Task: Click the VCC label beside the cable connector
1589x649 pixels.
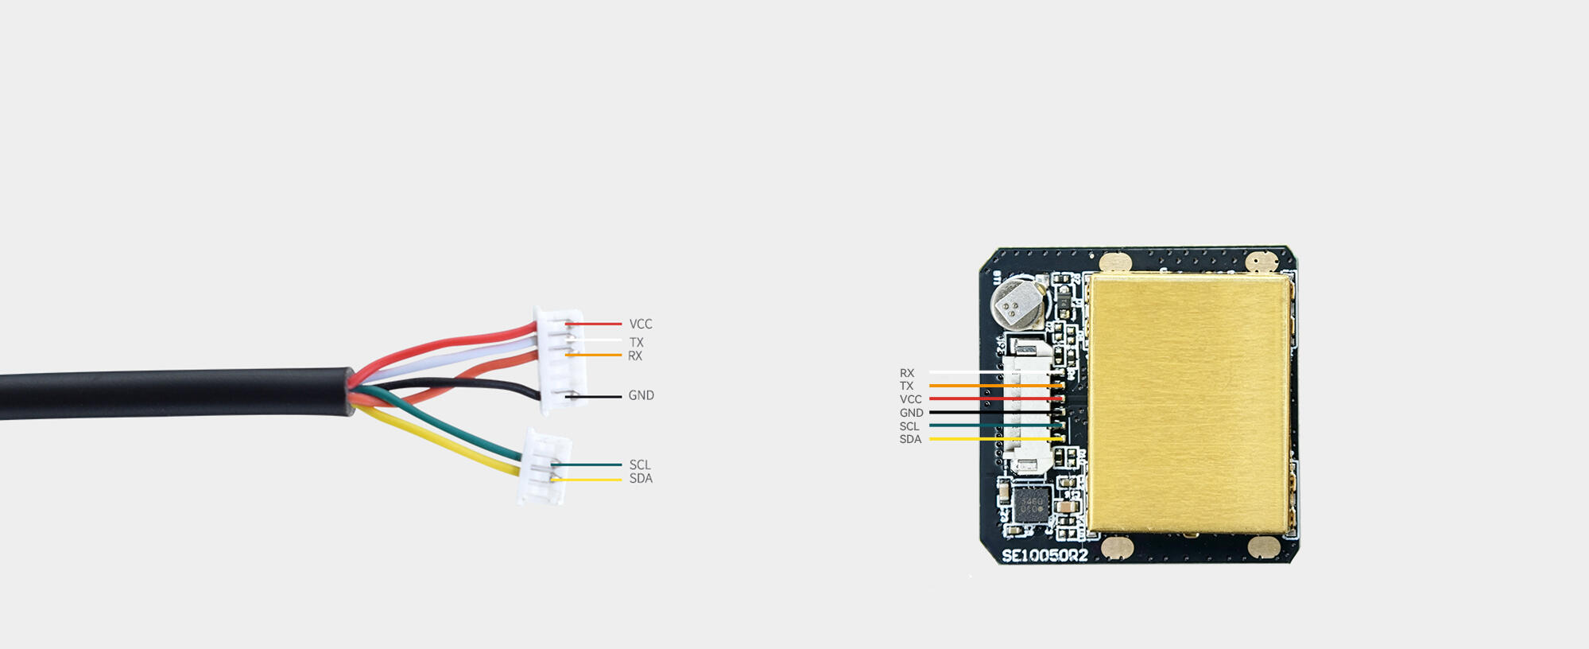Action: coord(641,324)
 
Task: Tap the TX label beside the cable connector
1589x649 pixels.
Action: coord(636,343)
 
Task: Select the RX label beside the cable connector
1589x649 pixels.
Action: coord(635,356)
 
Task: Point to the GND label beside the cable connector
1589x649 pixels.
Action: coord(641,395)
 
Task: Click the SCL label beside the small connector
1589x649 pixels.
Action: coord(640,465)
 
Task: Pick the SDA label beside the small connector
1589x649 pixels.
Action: coord(641,479)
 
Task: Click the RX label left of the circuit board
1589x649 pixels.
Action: coord(907,373)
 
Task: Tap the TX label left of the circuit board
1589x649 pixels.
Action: coord(906,386)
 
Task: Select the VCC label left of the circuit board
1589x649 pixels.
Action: coord(911,399)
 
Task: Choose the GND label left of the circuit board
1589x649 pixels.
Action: coord(912,413)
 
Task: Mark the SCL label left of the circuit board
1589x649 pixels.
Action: coord(909,426)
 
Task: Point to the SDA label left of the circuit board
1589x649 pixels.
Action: coord(910,439)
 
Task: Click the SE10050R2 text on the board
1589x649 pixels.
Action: coord(1044,555)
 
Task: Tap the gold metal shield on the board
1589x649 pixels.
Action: coord(1188,402)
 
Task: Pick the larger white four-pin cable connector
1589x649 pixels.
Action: coord(563,360)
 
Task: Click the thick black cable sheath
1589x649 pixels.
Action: coord(176,393)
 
